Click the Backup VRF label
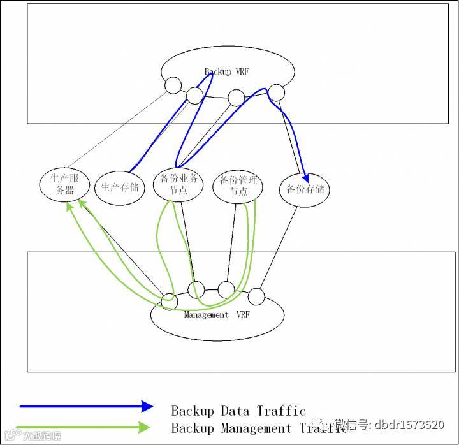coord(226,72)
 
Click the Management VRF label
coord(217,315)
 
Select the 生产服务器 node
coord(65,184)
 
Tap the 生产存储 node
coord(120,187)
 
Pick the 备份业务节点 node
coord(178,185)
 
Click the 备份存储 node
coord(305,189)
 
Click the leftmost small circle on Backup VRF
coord(173,85)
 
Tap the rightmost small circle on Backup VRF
coord(276,92)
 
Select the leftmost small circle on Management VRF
coord(169,301)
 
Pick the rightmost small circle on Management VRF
coord(256,296)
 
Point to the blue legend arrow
coord(86,406)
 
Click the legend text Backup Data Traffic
coord(238,411)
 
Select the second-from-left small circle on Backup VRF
coord(194,96)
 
